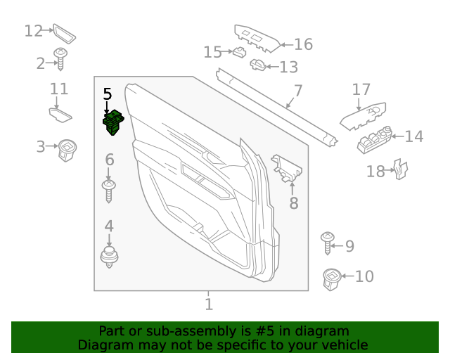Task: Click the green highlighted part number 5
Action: tap(113, 123)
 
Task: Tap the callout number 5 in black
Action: tap(107, 94)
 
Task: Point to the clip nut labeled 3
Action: tap(67, 149)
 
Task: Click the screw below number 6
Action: tap(109, 190)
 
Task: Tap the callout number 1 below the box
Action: tap(208, 304)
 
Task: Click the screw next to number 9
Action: tap(328, 242)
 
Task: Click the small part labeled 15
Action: tap(239, 51)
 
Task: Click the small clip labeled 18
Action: tap(399, 170)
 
